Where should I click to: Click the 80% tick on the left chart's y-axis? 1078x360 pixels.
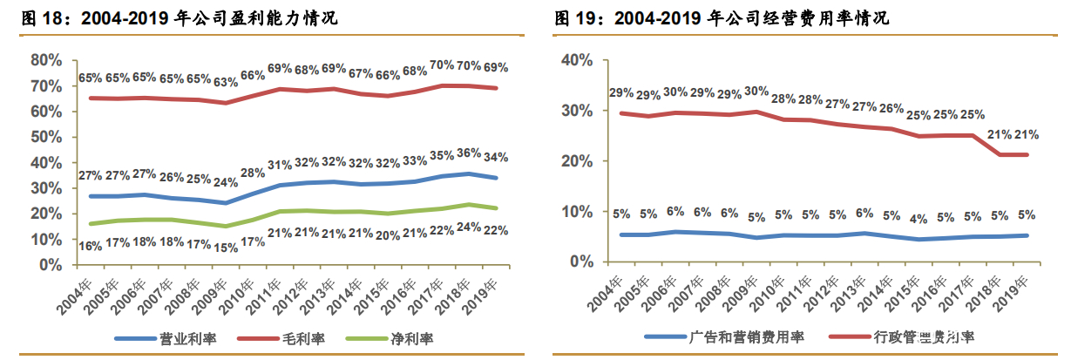(45, 60)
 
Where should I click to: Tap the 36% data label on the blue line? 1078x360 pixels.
(469, 152)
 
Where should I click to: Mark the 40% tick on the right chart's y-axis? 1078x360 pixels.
(576, 60)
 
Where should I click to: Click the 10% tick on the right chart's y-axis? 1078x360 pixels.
(576, 212)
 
